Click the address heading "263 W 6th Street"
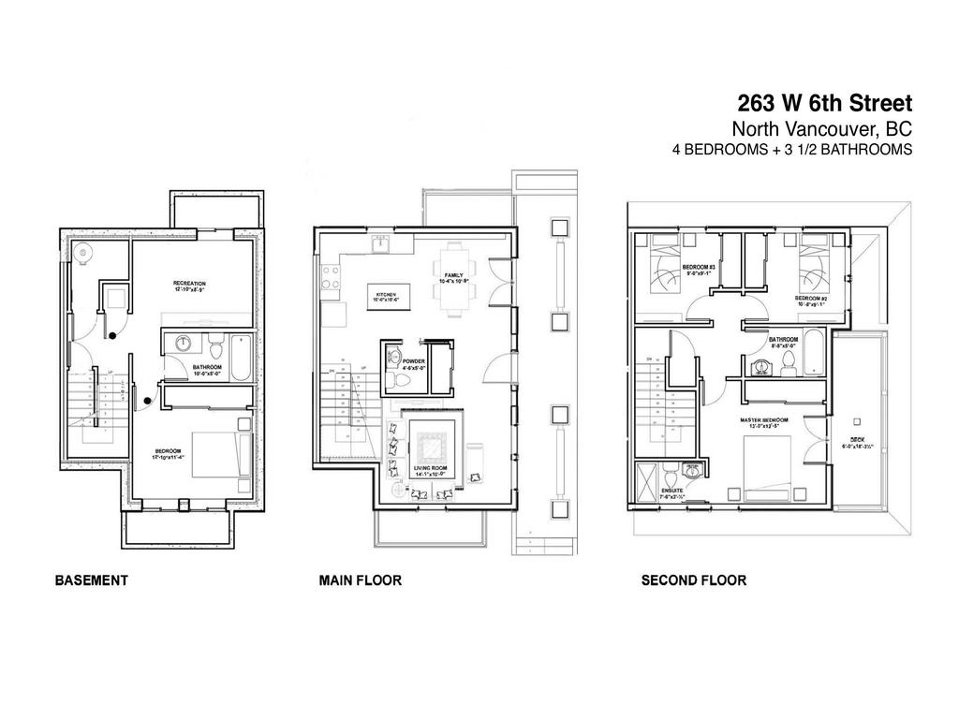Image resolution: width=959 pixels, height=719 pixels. (x=824, y=102)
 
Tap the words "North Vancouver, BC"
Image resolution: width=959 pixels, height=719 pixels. (x=821, y=129)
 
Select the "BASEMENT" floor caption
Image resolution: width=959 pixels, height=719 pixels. (x=91, y=580)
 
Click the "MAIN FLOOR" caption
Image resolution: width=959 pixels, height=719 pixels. (x=360, y=580)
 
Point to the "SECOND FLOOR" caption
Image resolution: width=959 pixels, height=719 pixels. (x=693, y=580)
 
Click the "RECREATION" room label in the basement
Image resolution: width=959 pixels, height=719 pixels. (x=189, y=283)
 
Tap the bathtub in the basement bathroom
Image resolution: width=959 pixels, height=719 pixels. (x=241, y=358)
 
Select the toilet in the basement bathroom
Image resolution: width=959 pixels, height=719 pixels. (x=214, y=349)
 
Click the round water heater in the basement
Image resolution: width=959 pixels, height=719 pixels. (x=84, y=251)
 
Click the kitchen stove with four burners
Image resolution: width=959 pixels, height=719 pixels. (x=331, y=276)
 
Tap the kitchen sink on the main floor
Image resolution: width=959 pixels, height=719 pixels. (x=380, y=246)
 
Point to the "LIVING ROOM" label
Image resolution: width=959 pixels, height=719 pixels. (x=433, y=468)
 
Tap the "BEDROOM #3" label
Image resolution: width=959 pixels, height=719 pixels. (x=699, y=267)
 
